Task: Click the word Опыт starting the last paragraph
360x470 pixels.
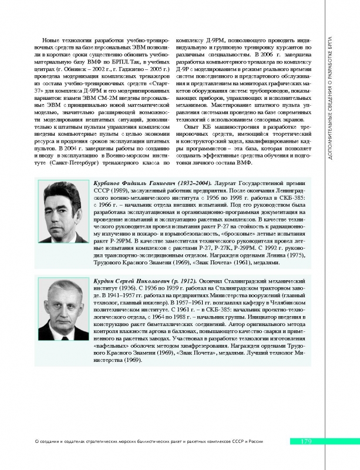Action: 193,127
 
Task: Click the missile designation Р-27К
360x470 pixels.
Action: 210,249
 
